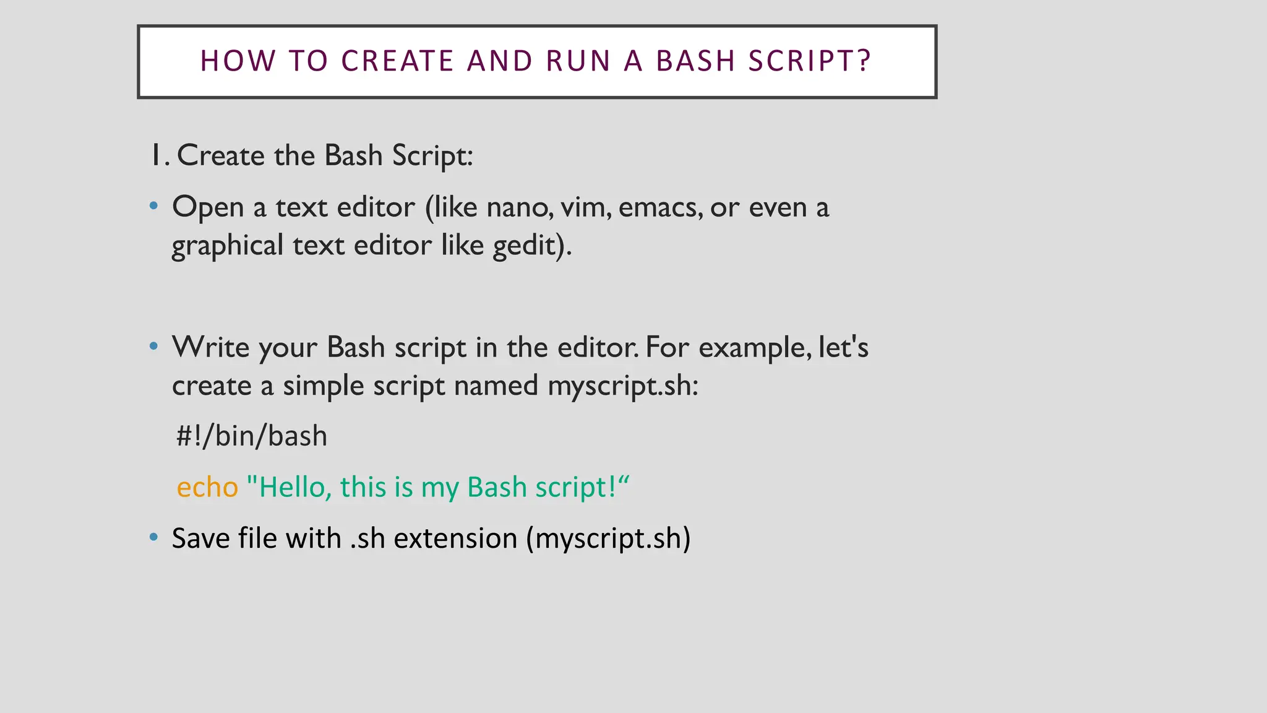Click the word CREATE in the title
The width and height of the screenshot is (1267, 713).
click(398, 61)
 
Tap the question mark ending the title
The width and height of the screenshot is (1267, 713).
click(864, 61)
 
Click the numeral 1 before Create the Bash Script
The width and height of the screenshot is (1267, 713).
click(157, 155)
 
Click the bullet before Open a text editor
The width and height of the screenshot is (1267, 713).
click(153, 205)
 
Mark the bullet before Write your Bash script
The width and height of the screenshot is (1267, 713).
click(153, 346)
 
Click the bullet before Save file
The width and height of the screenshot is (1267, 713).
click(153, 537)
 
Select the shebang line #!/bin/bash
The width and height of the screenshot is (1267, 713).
click(252, 436)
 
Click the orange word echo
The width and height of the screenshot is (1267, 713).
click(207, 488)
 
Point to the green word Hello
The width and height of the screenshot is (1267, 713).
click(289, 487)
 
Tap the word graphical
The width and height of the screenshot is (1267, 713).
click(227, 246)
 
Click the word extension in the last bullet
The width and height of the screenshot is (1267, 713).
click(455, 538)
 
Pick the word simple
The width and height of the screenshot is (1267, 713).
click(324, 386)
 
